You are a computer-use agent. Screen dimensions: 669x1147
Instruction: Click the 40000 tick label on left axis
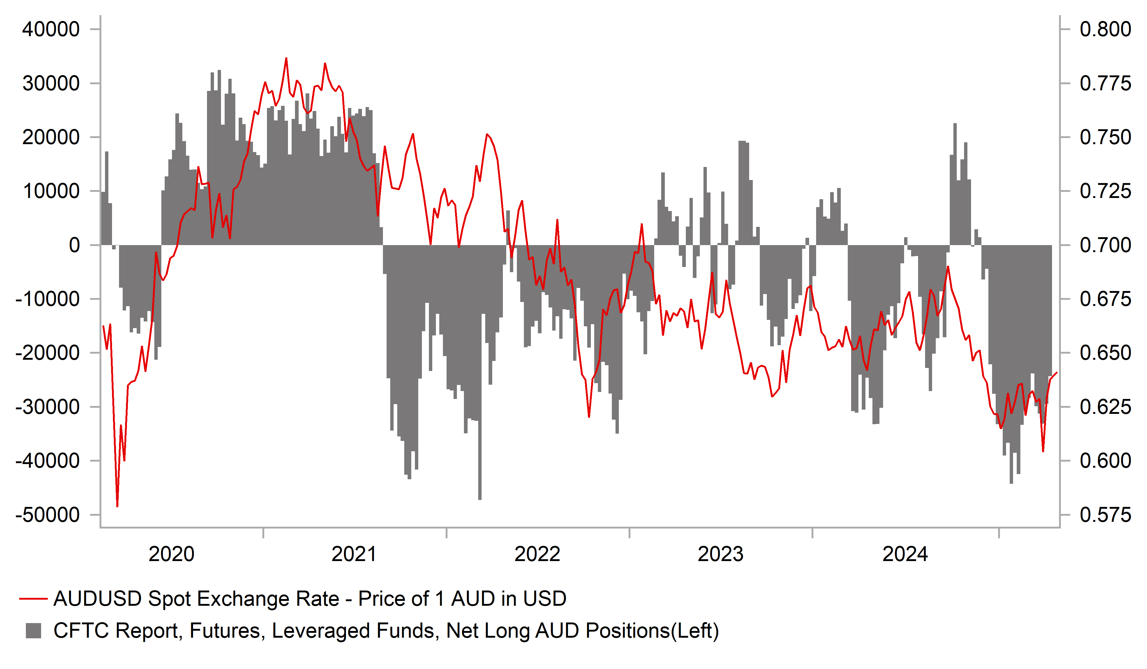coord(51,29)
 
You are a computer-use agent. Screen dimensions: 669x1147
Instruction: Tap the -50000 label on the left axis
coord(48,515)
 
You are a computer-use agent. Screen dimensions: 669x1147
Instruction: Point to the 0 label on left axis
coord(74,246)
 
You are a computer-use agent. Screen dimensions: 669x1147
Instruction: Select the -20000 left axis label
coord(48,353)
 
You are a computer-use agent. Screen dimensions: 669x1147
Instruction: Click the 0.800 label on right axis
coord(1105,29)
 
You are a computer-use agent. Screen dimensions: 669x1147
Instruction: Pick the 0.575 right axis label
coord(1105,515)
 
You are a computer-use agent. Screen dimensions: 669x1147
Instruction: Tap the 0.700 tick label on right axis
coord(1105,246)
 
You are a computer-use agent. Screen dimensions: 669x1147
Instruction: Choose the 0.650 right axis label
coord(1105,353)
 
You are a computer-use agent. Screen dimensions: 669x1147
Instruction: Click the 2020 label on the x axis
coord(172,554)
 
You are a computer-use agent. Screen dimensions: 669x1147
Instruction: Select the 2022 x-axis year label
coord(537,554)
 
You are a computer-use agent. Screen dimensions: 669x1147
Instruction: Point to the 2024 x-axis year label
coord(905,554)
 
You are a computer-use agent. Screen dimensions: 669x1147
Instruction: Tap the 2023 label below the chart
coord(721,554)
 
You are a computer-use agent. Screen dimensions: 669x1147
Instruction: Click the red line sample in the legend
coord(33,599)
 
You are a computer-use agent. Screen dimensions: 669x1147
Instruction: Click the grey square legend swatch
coord(33,631)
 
